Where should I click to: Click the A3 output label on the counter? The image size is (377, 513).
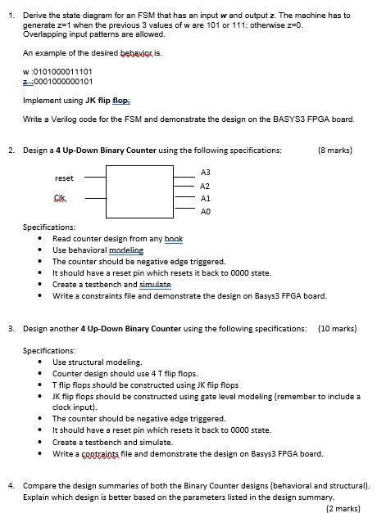[206, 173]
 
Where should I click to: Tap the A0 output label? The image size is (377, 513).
[206, 210]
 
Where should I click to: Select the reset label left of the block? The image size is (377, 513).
[64, 178]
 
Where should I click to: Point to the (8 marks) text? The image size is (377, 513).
[336, 151]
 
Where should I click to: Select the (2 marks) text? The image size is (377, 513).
[343, 507]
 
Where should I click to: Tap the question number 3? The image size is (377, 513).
[11, 328]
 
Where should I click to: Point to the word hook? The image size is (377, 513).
[174, 238]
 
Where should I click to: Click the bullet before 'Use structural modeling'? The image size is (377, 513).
[41, 362]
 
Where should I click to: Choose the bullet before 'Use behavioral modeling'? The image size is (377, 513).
[41, 250]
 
